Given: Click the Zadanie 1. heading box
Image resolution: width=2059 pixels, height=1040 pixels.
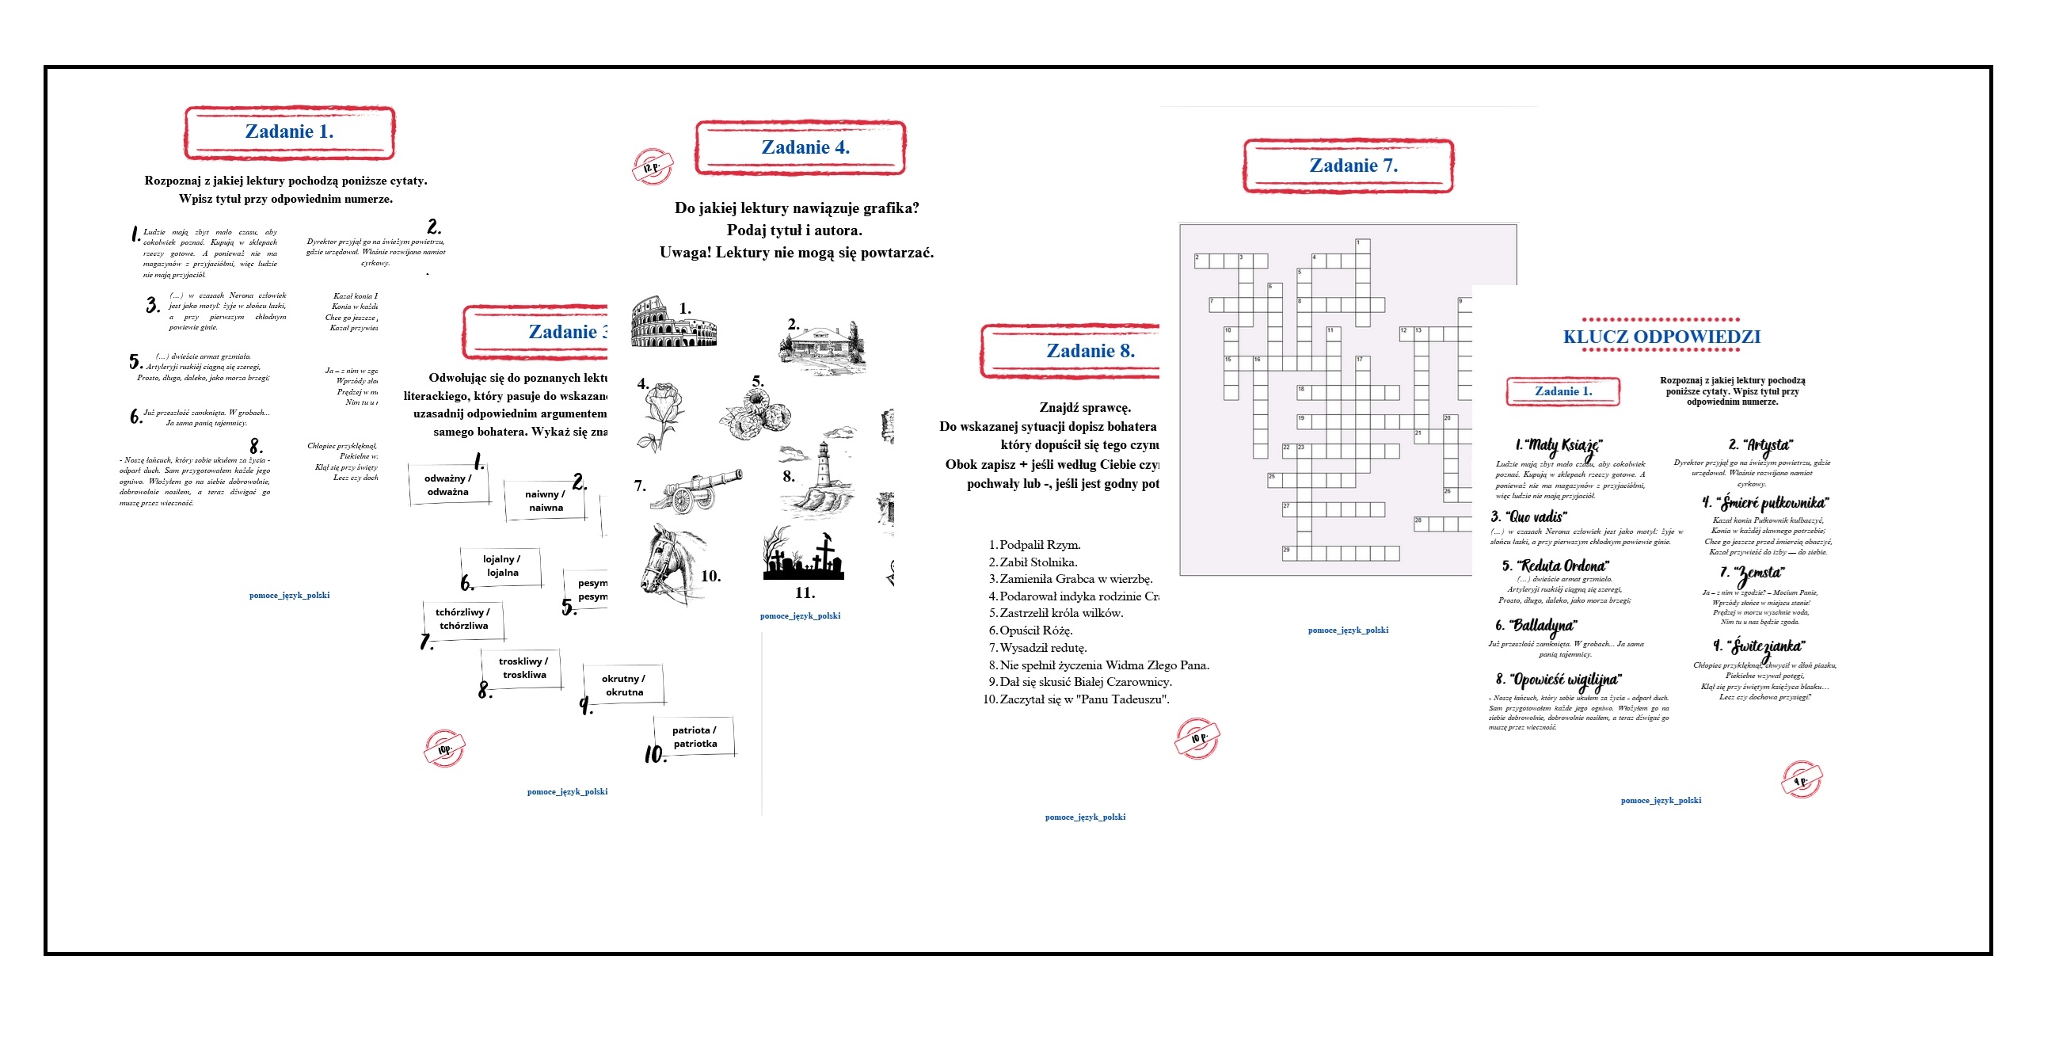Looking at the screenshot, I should tap(289, 133).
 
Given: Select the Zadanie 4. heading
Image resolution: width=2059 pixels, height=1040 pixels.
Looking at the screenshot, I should tap(801, 148).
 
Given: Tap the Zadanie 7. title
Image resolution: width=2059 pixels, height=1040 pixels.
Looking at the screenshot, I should tap(1349, 166).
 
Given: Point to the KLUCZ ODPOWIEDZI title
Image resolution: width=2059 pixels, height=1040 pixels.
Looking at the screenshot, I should tap(1661, 337).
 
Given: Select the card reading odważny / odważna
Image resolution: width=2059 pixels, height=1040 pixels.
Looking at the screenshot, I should tap(448, 485).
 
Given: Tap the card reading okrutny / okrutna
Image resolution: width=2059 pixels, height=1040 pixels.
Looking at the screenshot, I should tap(623, 685).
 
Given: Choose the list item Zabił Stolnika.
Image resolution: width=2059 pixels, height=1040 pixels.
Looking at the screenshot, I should tap(1037, 562).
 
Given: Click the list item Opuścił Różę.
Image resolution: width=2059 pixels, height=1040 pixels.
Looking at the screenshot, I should tap(1035, 630).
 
